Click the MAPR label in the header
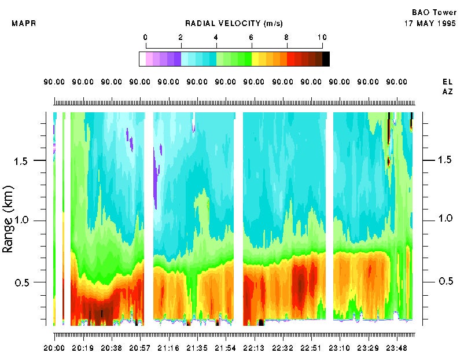pos(21,24)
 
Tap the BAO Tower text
pos(434,12)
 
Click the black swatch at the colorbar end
pos(326,58)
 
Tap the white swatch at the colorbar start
pos(142,58)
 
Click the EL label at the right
pos(447,82)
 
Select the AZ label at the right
pos(447,91)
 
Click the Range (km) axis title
pos(9,219)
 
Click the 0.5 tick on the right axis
pos(445,281)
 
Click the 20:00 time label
pos(55,348)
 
